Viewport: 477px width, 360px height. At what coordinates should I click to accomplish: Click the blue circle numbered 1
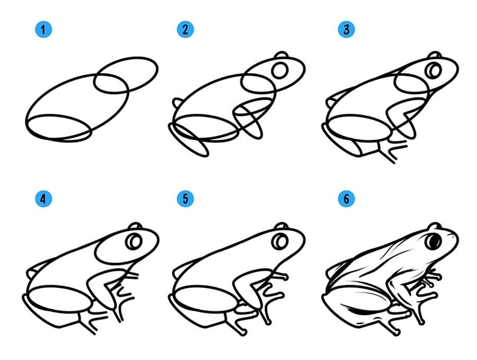[43, 30]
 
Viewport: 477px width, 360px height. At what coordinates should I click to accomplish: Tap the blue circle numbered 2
[185, 30]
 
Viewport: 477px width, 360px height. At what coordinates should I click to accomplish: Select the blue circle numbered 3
[346, 30]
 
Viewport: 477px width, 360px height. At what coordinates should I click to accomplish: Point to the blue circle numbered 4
[43, 199]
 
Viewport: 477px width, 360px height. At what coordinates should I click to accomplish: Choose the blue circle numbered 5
[185, 199]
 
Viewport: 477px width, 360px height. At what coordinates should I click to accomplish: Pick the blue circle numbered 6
[346, 199]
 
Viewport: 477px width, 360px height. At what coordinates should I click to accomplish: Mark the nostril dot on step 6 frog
[454, 236]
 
